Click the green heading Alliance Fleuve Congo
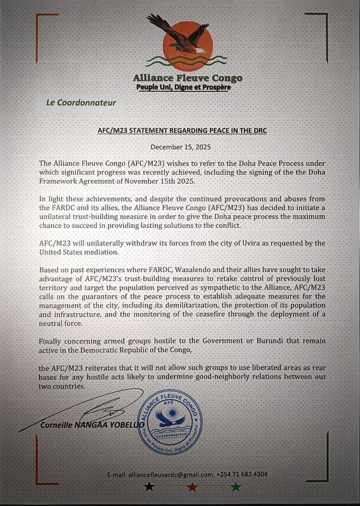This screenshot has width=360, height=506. (x=187, y=78)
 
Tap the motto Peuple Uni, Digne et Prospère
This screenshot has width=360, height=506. (x=183, y=88)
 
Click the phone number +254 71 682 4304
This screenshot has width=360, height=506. (x=242, y=475)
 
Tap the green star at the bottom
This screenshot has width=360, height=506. (x=236, y=486)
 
